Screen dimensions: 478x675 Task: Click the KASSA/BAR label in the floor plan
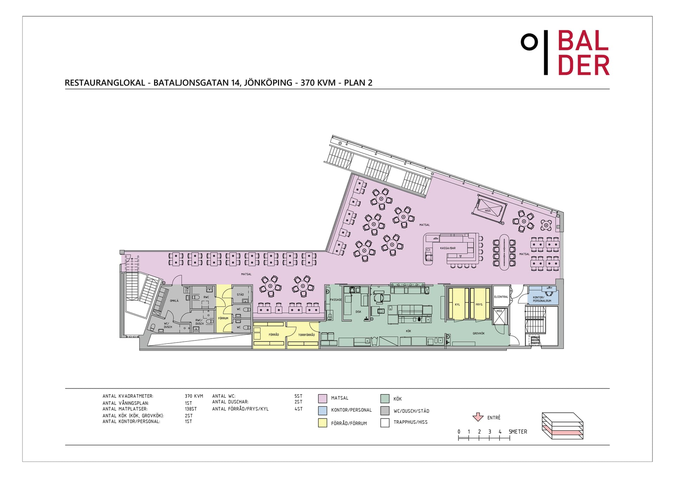coord(448,248)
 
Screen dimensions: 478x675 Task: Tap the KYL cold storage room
coord(457,304)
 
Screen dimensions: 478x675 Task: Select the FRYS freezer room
coord(479,304)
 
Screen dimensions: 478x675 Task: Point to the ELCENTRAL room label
coord(501,297)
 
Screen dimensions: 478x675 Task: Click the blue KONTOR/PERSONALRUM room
coord(543,297)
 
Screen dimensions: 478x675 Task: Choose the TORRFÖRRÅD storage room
coord(306,335)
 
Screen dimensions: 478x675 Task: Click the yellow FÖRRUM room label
coord(223,318)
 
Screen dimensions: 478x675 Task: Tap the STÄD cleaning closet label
coord(240,295)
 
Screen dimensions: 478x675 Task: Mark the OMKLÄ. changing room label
coord(174,301)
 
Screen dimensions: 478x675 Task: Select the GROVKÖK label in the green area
coord(478,333)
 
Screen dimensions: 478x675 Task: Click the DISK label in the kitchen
coord(358,312)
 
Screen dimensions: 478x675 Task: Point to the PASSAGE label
coord(335,300)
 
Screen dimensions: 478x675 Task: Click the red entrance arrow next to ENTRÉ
coord(478,417)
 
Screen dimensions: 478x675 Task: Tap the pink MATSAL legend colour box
coord(322,398)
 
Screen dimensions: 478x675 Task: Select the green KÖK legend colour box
coord(385,398)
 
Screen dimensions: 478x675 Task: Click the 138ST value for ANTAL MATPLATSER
coord(191,409)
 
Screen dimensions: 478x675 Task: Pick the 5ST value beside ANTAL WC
coord(298,396)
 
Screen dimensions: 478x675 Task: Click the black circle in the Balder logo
coord(529,42)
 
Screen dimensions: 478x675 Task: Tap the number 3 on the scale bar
coord(489,432)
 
